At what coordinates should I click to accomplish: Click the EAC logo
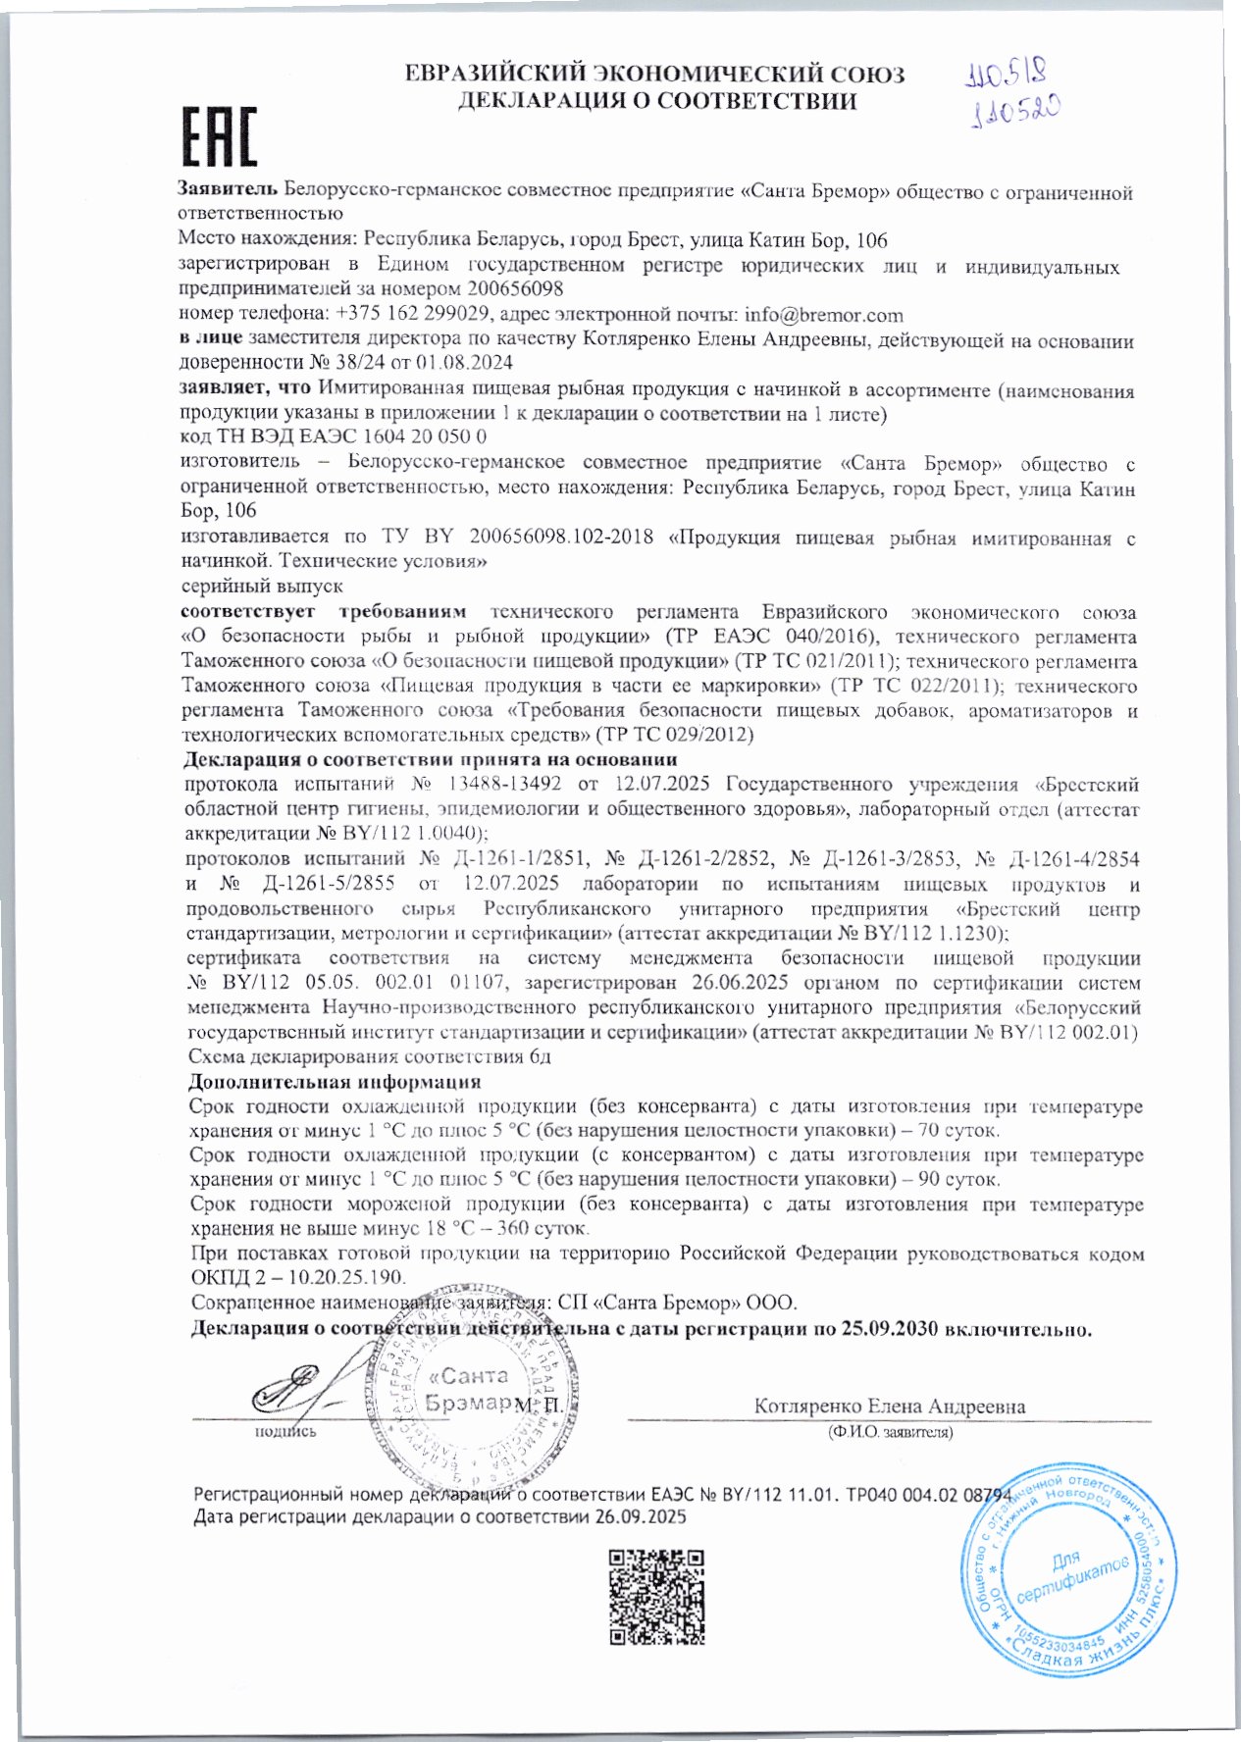[221, 136]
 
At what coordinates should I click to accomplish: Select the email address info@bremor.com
[824, 315]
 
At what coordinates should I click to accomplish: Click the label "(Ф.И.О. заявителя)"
[889, 1431]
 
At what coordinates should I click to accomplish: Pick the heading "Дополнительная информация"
[334, 1082]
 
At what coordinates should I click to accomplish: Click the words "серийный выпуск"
[262, 586]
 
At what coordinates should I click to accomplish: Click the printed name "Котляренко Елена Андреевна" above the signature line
[889, 1406]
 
